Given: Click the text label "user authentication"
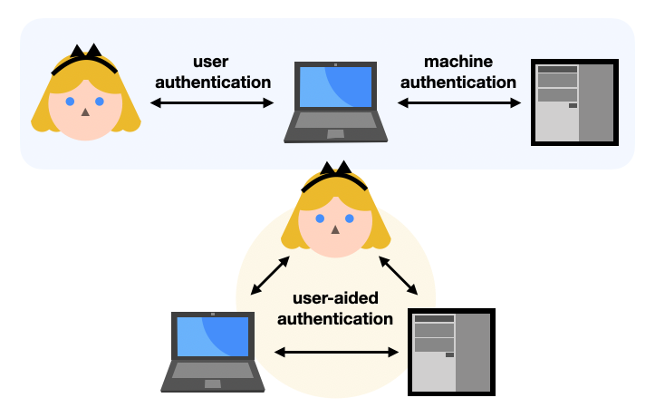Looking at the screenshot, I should [x=212, y=73].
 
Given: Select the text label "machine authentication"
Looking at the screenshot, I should [x=458, y=73].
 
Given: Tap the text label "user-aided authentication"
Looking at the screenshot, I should [x=334, y=308].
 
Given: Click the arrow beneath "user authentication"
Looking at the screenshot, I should [x=212, y=103].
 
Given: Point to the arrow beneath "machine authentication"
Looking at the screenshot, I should [x=459, y=103].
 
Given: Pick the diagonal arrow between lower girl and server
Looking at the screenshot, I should [x=399, y=276].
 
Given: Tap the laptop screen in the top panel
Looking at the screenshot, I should [x=335, y=87].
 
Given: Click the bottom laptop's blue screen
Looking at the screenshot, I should [x=212, y=336].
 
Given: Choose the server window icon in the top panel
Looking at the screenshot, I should [x=574, y=102].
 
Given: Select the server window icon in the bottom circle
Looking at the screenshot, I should [x=451, y=352].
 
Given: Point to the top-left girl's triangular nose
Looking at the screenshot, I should [x=85, y=112].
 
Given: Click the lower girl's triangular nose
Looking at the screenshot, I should [x=335, y=229].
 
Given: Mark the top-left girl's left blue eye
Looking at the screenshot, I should [x=70, y=102].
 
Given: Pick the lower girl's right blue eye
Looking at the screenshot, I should [x=351, y=218].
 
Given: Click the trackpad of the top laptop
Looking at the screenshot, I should [x=335, y=134].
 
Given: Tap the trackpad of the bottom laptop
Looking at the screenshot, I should [x=212, y=383].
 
